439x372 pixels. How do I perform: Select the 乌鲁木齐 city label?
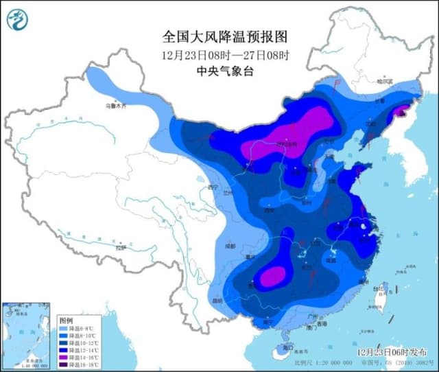pos(116,106)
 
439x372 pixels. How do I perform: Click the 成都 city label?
pos(229,246)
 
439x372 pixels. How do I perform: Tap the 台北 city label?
pos(377,289)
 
